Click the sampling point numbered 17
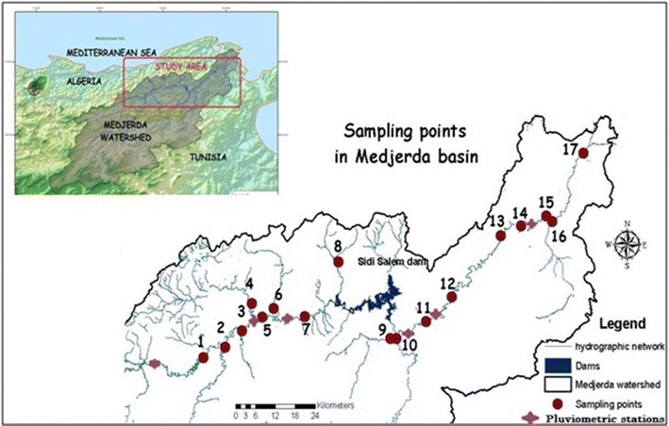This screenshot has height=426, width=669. point(582,153)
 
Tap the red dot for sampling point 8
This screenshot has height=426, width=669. point(338,263)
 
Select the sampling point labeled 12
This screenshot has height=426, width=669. point(451,297)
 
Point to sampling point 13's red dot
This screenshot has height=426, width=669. point(501,236)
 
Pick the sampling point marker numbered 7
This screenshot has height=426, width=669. point(306,317)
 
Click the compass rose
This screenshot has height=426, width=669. point(627,243)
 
